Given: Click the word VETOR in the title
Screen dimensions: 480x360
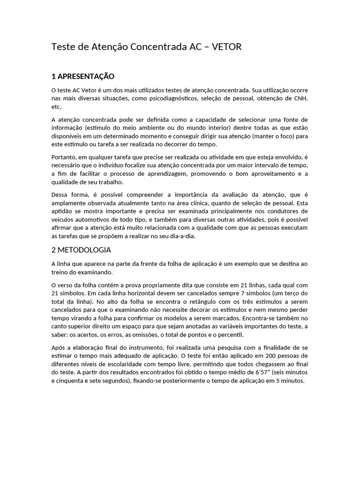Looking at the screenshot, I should pyautogui.click(x=226, y=47).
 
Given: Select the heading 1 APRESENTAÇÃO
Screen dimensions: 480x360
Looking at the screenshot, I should pyautogui.click(x=82, y=76).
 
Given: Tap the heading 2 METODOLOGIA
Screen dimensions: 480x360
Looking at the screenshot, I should pyautogui.click(x=81, y=250).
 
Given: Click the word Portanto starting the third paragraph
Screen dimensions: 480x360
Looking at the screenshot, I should pyautogui.click(x=64, y=157).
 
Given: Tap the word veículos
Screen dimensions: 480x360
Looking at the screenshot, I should pyautogui.click(x=63, y=220).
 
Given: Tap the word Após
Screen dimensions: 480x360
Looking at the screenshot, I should pyautogui.click(x=59, y=347).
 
